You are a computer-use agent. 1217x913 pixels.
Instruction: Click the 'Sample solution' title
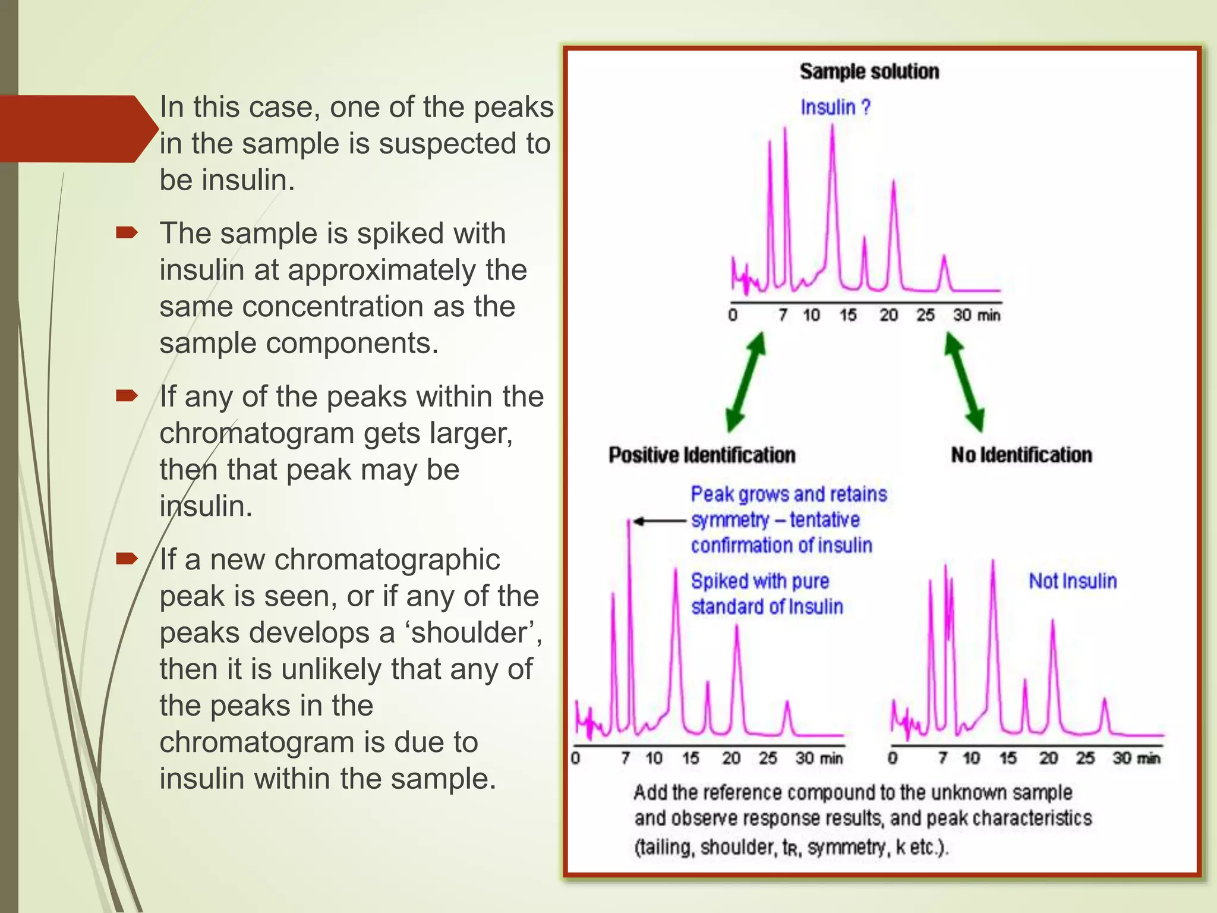pos(869,71)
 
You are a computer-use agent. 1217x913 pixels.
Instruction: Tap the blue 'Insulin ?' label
pos(835,108)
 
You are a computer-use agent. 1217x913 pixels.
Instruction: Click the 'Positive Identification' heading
pos(702,455)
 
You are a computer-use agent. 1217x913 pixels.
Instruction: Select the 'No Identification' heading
pos(1021,455)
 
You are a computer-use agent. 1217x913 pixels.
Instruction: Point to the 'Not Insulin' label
pos(1073,581)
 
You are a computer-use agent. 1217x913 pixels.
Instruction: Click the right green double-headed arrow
pos(964,382)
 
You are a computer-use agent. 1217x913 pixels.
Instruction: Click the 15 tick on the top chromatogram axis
pos(848,315)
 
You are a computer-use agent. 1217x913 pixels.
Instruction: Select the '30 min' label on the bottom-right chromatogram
pos(1136,758)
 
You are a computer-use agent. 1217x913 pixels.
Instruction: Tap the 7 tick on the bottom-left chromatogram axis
pos(625,758)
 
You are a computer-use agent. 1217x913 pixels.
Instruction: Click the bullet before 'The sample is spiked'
pos(127,232)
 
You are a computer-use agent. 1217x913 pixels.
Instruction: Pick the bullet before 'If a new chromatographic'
pos(127,559)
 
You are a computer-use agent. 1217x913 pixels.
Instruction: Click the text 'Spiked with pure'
pos(759,581)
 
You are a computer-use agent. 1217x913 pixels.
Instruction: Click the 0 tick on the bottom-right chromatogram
pos(893,758)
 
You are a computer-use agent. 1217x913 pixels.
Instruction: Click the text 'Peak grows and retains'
pos(789,495)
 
